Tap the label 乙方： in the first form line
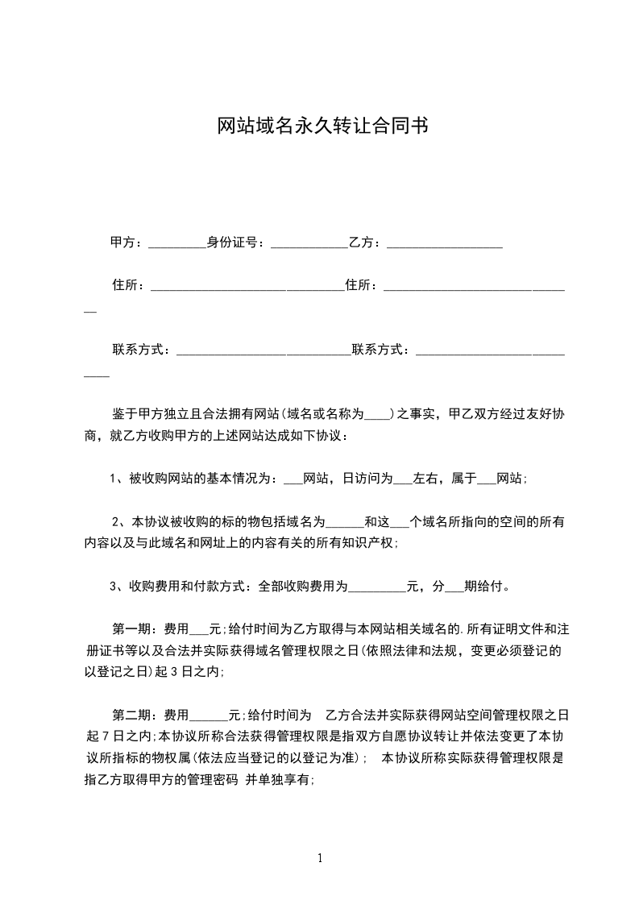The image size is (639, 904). pos(367,242)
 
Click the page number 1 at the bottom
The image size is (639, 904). pos(320,858)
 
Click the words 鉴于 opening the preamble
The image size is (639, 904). pos(122,415)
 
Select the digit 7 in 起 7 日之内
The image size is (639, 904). pos(112,736)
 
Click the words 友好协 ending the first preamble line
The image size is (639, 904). pos(543,415)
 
